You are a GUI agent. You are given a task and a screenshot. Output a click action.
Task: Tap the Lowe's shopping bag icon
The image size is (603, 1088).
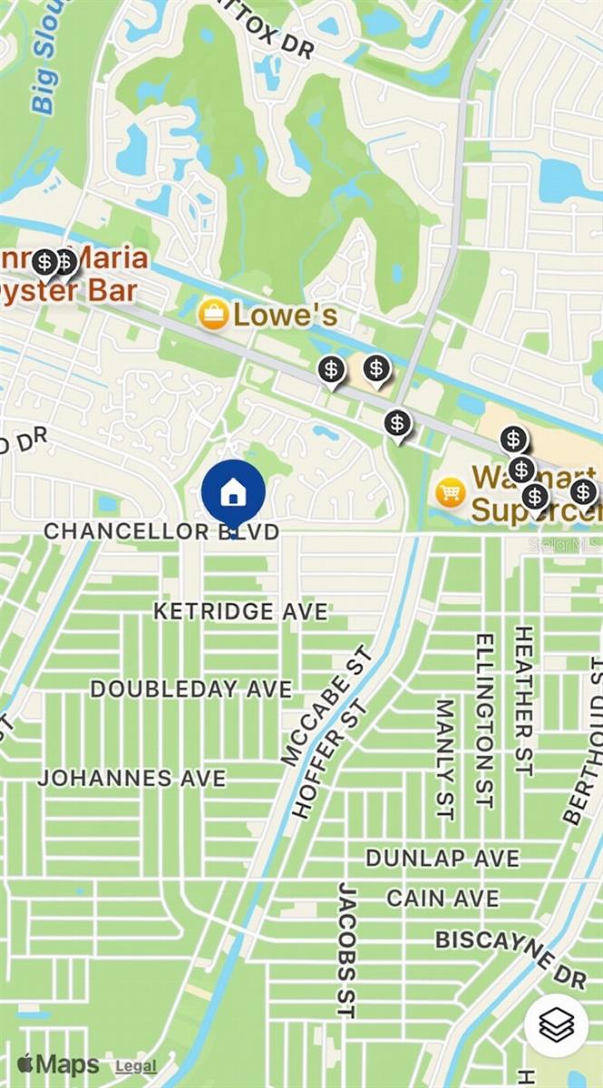click(x=213, y=315)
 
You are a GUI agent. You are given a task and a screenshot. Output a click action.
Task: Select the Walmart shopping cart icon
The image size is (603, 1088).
click(x=451, y=492)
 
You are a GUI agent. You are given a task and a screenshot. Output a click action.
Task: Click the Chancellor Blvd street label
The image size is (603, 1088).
click(x=161, y=531)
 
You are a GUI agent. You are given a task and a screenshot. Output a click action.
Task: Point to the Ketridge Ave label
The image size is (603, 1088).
click(x=240, y=612)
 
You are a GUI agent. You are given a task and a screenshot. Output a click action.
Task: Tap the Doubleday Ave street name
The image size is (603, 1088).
click(x=191, y=689)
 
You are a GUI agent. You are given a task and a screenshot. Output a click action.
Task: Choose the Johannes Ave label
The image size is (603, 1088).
click(x=131, y=778)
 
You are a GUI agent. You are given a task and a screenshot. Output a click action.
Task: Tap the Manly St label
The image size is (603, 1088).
click(x=444, y=758)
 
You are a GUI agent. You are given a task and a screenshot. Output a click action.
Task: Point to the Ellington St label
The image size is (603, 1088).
click(x=484, y=721)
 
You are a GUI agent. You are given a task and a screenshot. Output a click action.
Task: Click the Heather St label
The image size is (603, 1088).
click(x=523, y=700)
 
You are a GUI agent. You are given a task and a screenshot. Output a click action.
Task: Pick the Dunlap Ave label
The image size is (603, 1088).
click(x=443, y=858)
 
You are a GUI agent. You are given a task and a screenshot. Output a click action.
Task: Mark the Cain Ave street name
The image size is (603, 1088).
click(x=443, y=899)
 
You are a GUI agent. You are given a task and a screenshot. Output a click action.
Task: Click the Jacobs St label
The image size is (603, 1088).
click(x=345, y=949)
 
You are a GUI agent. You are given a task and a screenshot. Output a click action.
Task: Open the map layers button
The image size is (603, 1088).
click(x=556, y=1025)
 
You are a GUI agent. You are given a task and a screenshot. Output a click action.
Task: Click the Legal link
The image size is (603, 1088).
click(x=136, y=1067)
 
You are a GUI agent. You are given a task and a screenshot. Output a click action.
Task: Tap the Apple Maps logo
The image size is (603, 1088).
click(x=58, y=1064)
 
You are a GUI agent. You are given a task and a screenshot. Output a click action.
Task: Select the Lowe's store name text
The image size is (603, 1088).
click(x=286, y=316)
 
